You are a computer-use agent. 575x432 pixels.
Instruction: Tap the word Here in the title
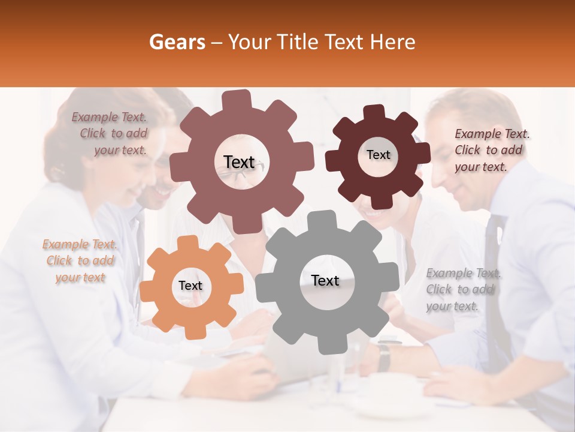click(392, 42)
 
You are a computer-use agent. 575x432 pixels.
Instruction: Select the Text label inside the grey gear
click(325, 281)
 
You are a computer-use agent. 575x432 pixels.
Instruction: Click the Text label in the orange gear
click(190, 286)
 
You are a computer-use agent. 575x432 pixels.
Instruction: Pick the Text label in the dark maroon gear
click(378, 155)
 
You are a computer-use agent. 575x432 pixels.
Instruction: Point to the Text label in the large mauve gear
click(239, 162)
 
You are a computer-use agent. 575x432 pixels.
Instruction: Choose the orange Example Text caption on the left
click(80, 260)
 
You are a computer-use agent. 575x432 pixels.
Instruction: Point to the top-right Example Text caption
click(491, 150)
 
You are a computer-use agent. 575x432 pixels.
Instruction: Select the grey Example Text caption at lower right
click(463, 289)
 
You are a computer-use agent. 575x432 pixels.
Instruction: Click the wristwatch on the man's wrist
click(384, 357)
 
